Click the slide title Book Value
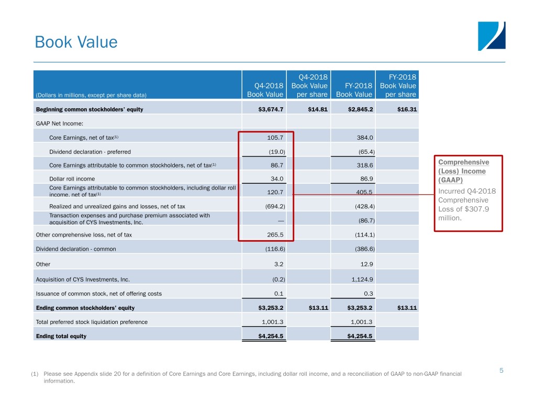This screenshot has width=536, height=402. pyautogui.click(x=76, y=42)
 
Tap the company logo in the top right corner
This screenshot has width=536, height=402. pyautogui.click(x=492, y=36)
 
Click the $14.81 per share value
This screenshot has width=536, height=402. pyautogui.click(x=316, y=109)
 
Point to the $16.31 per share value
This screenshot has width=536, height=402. pyautogui.click(x=405, y=109)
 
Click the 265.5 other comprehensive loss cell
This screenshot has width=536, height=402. pyautogui.click(x=275, y=235)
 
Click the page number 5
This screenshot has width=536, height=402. pyautogui.click(x=501, y=371)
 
